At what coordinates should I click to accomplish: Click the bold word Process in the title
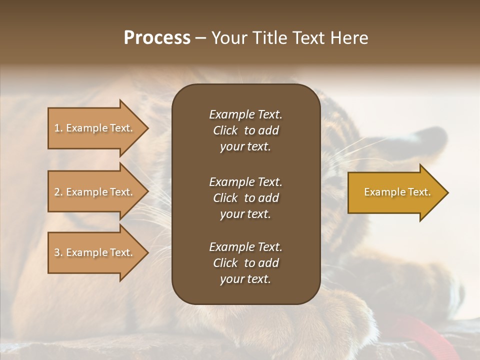tap(157, 38)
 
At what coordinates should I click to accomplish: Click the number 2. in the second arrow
tap(58, 192)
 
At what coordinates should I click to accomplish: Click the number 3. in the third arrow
tap(58, 252)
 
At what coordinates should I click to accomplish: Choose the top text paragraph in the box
tap(245, 130)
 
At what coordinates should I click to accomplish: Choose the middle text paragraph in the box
tap(245, 198)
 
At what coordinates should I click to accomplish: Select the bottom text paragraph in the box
tap(245, 263)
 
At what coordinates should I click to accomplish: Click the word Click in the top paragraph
tap(225, 130)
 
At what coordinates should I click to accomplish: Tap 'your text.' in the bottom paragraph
tap(245, 279)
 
